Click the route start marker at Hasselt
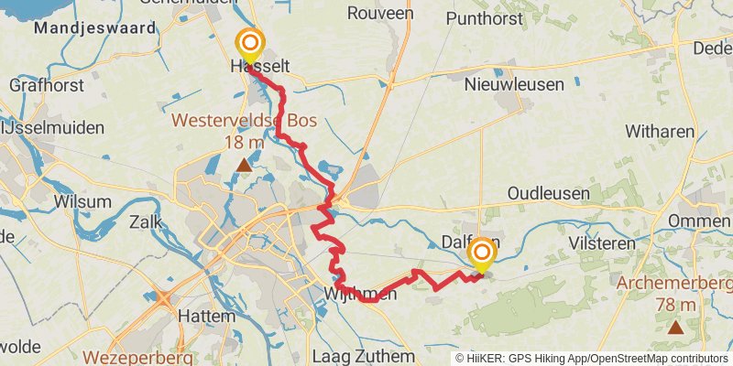[249, 44]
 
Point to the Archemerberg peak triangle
[675, 326]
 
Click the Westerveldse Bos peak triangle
[243, 166]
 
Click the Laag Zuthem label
[364, 355]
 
